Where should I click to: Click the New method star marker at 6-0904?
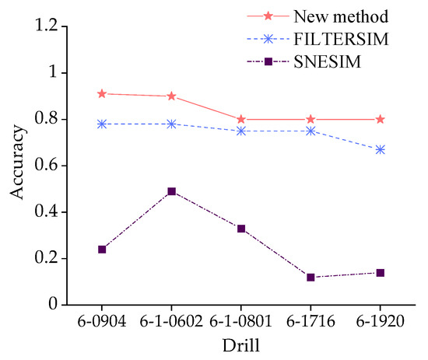(102, 94)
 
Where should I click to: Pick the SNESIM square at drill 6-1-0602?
(172, 191)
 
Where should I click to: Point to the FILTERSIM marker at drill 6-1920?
(381, 149)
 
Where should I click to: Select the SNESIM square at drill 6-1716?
(310, 277)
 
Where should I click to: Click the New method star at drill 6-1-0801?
(241, 120)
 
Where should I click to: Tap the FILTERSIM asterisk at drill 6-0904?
(102, 124)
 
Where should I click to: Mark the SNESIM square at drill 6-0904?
(102, 249)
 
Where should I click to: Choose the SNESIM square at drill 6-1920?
(381, 272)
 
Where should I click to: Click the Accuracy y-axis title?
(17, 166)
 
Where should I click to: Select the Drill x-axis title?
(241, 344)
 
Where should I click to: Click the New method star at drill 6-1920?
(381, 120)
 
